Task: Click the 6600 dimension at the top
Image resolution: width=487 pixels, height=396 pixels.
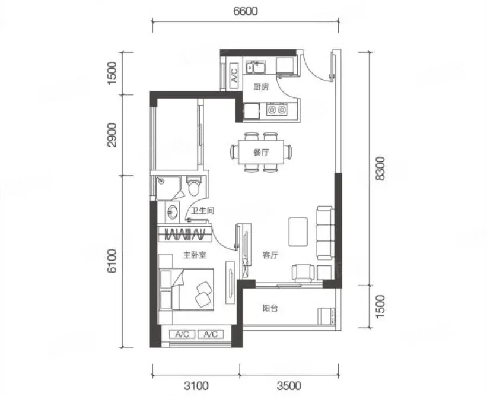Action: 246,11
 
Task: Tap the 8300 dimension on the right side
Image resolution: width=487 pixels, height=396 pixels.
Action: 380,169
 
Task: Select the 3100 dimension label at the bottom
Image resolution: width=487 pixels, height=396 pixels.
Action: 196,386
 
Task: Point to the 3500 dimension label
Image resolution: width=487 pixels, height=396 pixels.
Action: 289,386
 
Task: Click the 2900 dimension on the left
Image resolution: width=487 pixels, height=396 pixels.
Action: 112,135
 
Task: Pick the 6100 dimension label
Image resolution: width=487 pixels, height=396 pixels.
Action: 112,261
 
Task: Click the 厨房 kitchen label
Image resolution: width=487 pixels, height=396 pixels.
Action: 261,87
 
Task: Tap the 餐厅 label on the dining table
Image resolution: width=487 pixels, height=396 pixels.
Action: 261,153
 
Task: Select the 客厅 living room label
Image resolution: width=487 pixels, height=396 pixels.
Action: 270,255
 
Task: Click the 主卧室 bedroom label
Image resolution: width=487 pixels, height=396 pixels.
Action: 195,255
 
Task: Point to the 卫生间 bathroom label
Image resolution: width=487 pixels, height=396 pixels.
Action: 202,211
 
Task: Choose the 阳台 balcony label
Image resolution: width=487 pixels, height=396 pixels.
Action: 270,308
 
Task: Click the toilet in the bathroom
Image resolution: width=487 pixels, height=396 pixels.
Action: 194,186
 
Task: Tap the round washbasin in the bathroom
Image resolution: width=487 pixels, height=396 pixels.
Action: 173,212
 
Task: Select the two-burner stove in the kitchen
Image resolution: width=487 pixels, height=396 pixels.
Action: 277,109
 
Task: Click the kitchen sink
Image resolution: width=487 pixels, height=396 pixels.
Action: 255,67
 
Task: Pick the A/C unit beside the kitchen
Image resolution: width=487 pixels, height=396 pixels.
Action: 234,73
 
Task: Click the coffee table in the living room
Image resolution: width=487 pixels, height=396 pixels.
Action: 298,232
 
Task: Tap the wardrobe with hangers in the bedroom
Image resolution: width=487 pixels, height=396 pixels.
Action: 185,233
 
